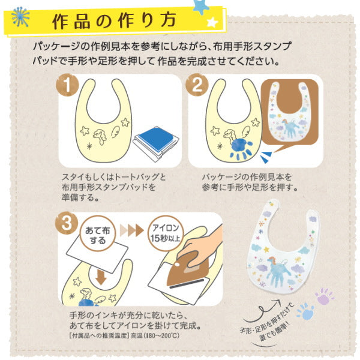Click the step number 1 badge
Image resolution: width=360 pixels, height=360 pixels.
point(67,85)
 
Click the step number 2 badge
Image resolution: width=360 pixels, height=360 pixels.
point(197,85)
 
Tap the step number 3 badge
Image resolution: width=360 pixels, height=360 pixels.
point(67,223)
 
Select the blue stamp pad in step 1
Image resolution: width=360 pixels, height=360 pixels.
point(156,140)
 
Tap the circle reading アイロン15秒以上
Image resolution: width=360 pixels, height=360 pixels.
point(166,233)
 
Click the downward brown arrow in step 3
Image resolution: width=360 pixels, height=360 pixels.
point(101,277)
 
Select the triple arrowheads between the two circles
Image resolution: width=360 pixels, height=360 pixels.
point(132,230)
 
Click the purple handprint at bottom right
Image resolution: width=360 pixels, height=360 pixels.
point(324,296)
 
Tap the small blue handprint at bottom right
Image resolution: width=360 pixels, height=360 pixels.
point(305,311)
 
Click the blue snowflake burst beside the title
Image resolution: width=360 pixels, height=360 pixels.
point(20,17)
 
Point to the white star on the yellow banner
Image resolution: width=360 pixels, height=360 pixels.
point(212,23)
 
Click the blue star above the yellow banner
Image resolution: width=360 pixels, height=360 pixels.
point(201,7)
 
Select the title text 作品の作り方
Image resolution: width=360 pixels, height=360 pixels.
point(114,22)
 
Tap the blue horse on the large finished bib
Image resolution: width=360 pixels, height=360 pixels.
point(278,271)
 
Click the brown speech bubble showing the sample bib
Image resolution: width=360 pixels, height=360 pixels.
point(290,113)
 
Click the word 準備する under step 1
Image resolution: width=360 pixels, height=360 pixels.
point(80,197)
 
